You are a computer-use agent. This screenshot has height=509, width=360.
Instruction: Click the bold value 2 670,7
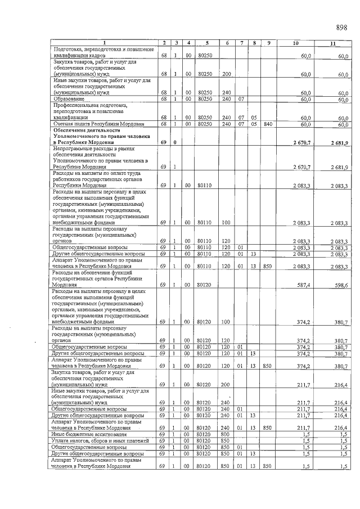tap(301, 143)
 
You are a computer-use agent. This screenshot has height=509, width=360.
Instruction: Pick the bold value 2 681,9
tap(339, 143)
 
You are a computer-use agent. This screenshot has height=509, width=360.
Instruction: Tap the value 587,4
tap(304, 285)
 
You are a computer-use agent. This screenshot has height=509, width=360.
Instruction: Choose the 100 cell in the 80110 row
tap(226, 223)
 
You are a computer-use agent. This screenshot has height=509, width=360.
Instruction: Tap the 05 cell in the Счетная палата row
tap(254, 124)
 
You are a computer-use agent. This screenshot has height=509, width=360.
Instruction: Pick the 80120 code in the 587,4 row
tap(207, 285)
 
